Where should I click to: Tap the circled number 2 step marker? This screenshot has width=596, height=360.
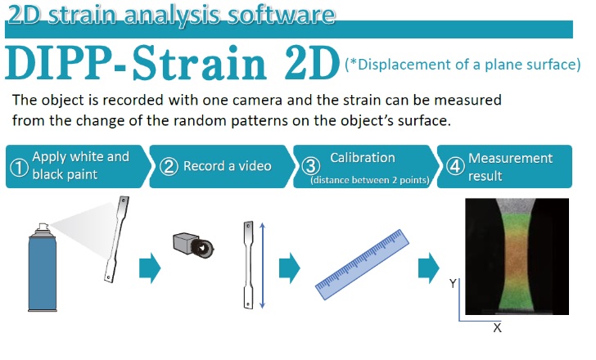coord(169,167)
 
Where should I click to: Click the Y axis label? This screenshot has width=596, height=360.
coord(453,283)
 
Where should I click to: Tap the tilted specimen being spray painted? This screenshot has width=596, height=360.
coord(115,238)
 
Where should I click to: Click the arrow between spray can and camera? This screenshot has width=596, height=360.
coord(150,267)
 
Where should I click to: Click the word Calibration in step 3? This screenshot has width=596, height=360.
coord(362,157)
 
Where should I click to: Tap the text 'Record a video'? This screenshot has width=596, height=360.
coord(227,166)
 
